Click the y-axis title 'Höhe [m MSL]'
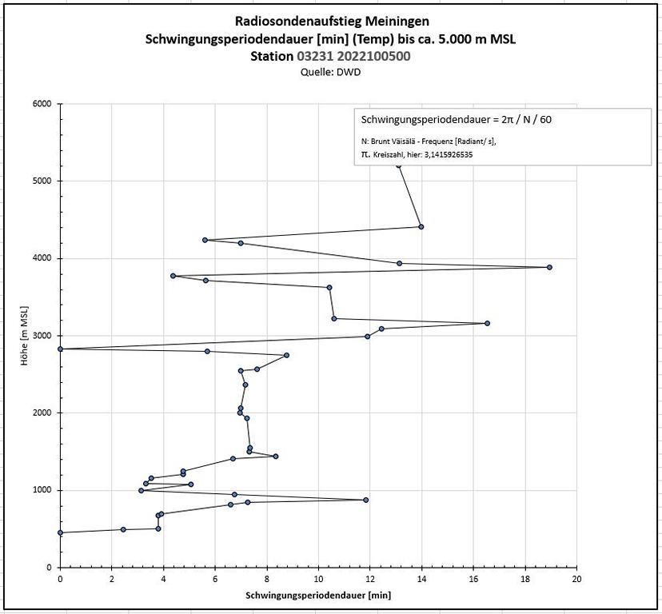26,336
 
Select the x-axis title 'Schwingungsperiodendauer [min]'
318,596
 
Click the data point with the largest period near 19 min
549,267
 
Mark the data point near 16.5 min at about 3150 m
487,323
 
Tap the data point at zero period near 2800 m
60,349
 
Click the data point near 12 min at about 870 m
366,500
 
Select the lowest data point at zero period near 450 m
60,532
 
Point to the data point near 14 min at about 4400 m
421,227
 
